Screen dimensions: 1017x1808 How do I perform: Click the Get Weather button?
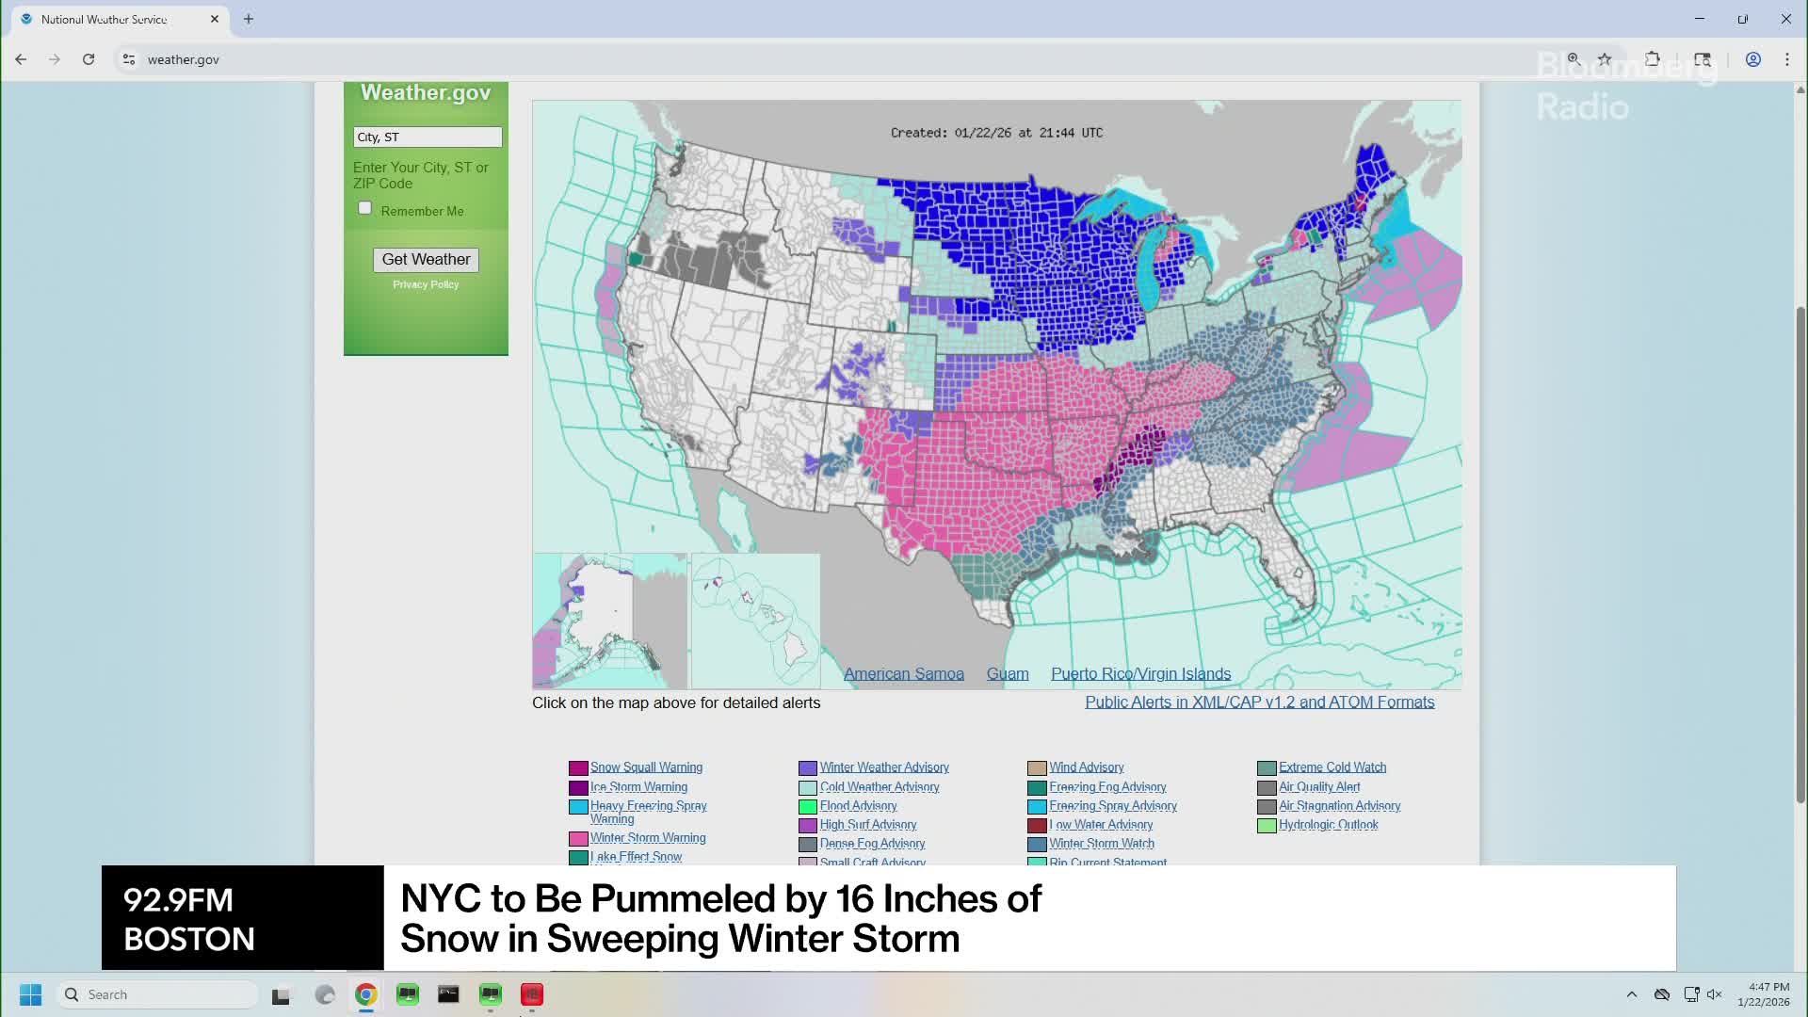426,259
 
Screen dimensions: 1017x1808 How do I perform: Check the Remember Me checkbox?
364,208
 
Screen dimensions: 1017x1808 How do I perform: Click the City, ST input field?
427,137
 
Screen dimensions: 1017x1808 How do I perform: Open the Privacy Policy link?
426,284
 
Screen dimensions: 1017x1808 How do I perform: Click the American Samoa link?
903,674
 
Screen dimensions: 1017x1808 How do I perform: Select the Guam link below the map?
1007,674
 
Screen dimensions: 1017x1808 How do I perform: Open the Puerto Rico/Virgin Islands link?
1140,674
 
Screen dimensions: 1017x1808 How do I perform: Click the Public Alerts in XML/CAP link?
1259,702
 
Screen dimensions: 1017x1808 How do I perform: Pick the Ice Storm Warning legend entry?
638,787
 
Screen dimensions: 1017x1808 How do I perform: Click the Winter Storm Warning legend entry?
647,838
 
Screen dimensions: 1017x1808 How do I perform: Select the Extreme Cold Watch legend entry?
1332,767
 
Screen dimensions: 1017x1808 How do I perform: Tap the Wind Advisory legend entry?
1086,767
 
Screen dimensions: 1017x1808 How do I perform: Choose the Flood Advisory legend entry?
858,806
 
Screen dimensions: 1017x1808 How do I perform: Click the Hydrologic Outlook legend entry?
1328,825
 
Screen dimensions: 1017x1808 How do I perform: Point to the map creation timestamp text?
996,133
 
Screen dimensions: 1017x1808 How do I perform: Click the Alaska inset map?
609,621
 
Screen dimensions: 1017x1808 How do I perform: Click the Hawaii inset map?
755,621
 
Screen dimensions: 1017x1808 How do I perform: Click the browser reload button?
89,59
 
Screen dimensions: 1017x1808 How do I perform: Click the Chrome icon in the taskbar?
366,994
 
